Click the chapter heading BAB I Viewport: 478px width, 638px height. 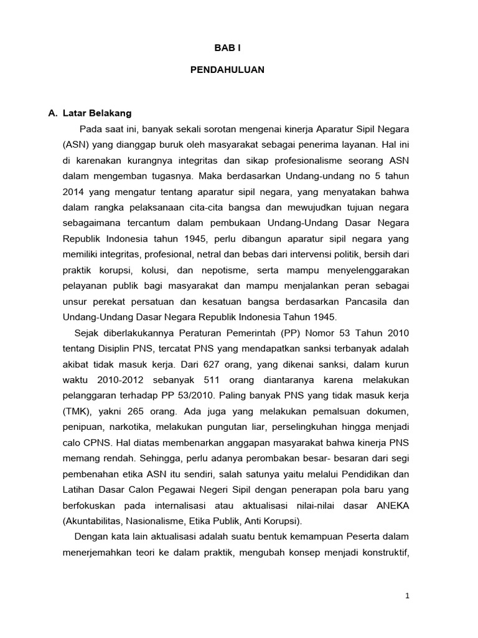(x=227, y=46)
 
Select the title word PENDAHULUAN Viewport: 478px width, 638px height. (x=227, y=70)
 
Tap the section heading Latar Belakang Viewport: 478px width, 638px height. (x=98, y=113)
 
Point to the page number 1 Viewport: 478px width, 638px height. (x=407, y=596)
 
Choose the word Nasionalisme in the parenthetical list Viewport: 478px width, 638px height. (x=162, y=520)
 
